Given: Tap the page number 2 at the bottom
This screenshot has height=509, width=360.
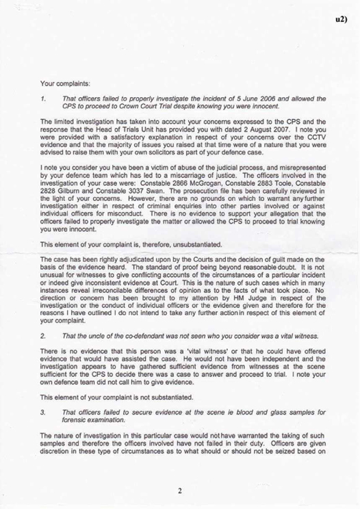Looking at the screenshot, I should point(179,491).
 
